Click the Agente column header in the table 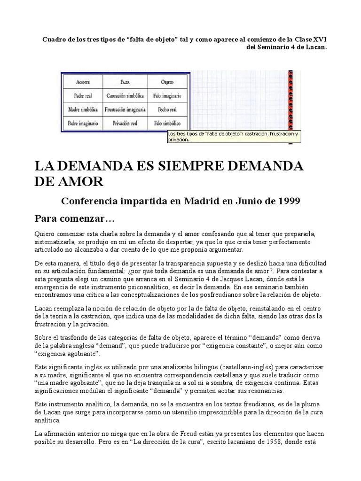point(83,81)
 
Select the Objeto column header point(167,81)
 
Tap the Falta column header point(125,81)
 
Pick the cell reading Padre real point(83,95)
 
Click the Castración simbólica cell point(125,95)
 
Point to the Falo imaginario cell point(167,95)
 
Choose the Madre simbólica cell point(83,109)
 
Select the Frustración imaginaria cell point(125,109)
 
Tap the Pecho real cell point(167,109)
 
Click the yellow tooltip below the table point(233,136)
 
